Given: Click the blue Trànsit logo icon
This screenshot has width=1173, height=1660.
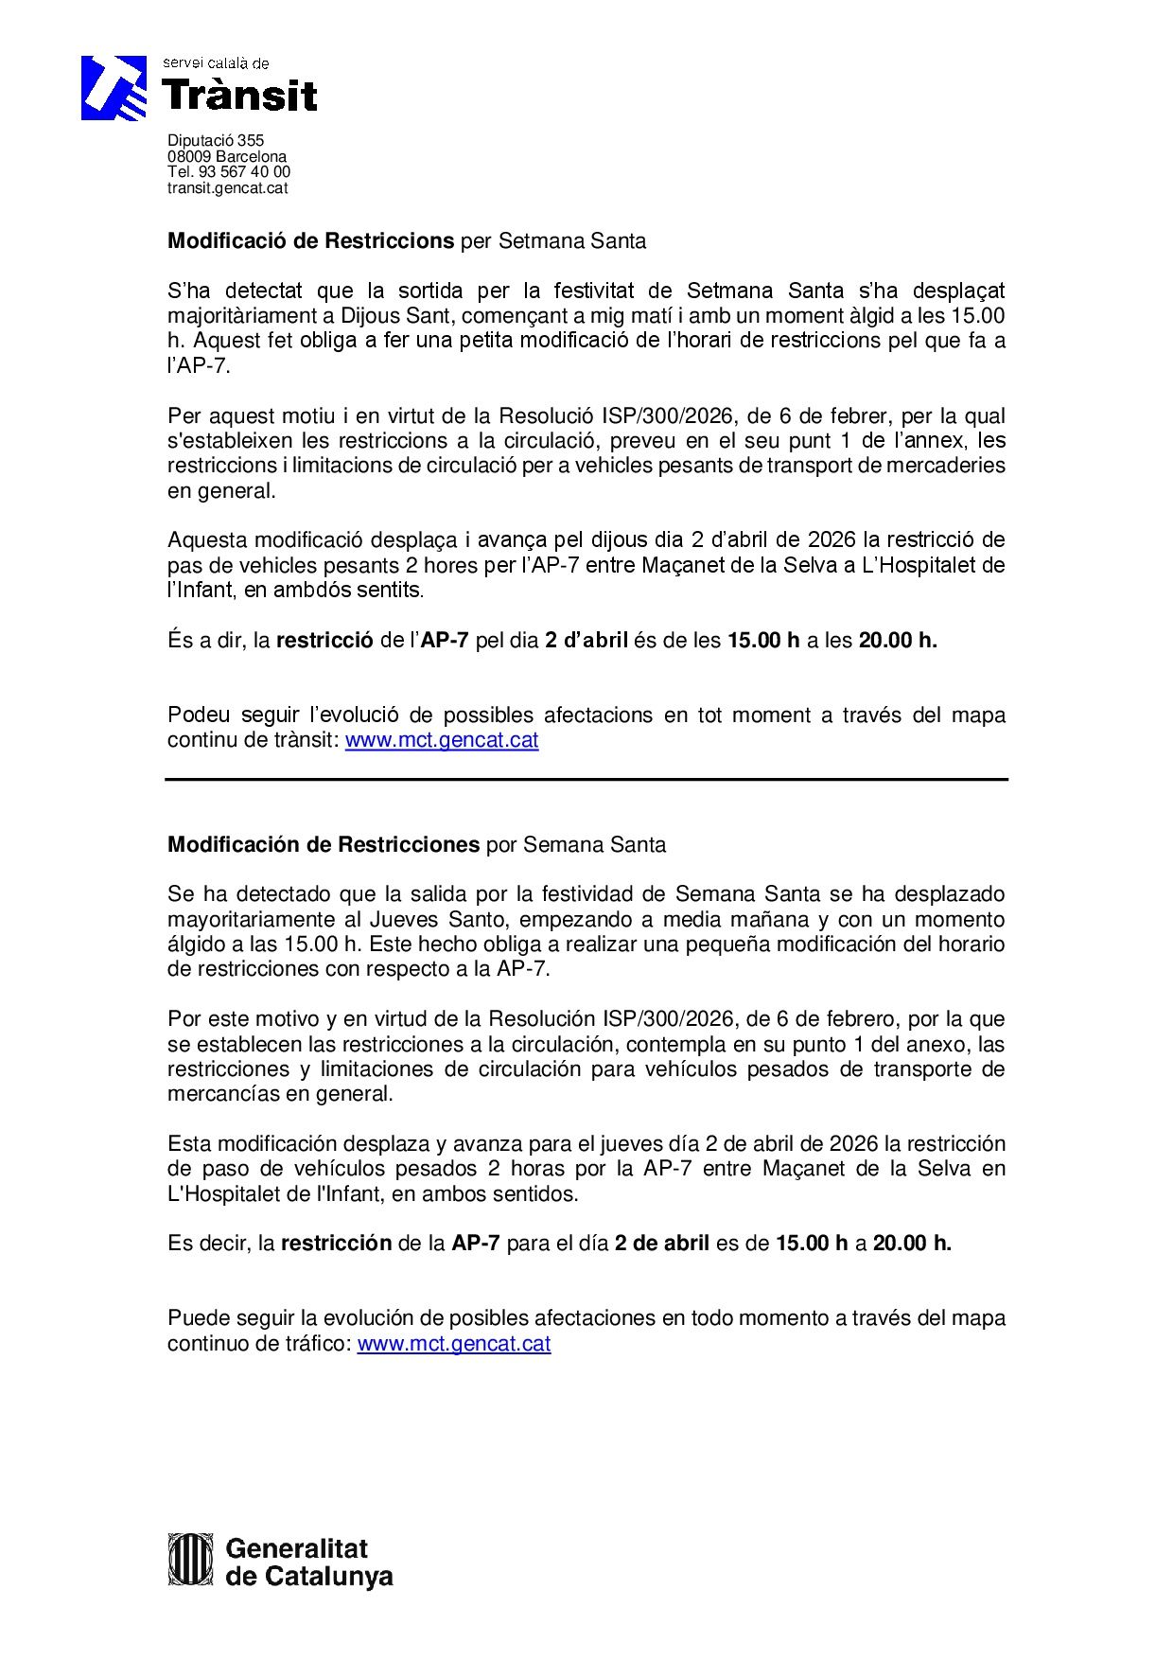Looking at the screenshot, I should tap(114, 88).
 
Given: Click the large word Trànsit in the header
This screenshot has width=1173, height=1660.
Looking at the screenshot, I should tap(240, 96).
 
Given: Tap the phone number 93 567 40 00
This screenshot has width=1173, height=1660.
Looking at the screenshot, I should tap(244, 172).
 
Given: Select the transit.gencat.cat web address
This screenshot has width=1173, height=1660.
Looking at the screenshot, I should tap(227, 187).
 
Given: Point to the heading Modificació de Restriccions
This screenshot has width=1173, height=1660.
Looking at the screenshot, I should tap(310, 241).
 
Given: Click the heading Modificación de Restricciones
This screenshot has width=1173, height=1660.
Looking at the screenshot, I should tap(324, 844).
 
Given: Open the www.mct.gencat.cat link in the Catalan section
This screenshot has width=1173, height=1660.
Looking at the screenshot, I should tap(442, 740).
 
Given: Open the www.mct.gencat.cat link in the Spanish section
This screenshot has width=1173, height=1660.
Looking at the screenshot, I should tap(454, 1343).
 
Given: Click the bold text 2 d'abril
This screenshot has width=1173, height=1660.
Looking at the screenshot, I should tap(586, 641).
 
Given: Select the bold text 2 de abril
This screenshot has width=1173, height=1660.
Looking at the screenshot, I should tap(662, 1244).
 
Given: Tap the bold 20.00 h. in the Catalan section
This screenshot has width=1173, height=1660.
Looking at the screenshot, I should tap(898, 641).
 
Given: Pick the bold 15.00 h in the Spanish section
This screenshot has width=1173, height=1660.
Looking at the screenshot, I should tap(812, 1244).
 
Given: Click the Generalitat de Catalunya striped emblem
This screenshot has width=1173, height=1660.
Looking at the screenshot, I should tap(190, 1559).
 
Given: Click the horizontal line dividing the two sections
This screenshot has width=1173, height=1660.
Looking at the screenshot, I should tap(586, 780).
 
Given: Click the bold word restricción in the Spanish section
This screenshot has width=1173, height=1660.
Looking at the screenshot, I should tap(336, 1244).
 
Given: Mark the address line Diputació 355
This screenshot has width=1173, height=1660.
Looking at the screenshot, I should tap(216, 141).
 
